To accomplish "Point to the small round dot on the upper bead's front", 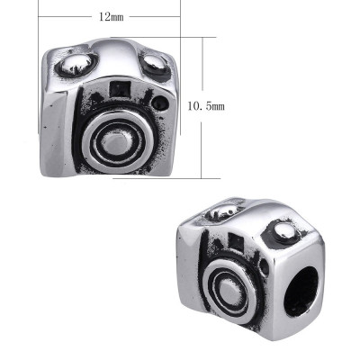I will click(161, 103).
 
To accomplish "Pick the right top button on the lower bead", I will click(283, 235).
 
